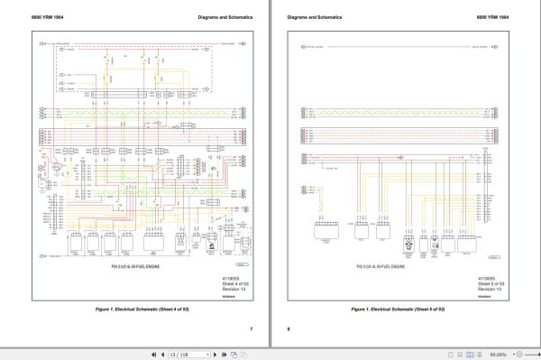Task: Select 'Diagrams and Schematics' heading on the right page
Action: [310, 18]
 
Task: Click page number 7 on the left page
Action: [251, 328]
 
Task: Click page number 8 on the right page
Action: [289, 328]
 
